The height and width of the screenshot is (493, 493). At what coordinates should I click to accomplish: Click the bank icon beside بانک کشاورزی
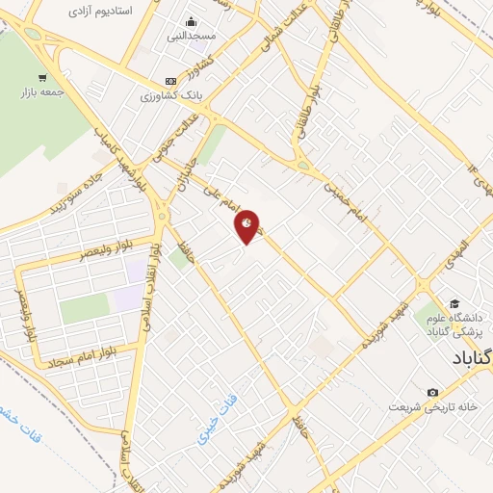point(170,81)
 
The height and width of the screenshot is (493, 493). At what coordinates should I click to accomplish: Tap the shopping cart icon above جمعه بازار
point(41,78)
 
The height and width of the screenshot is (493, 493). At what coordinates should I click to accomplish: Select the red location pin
point(247,225)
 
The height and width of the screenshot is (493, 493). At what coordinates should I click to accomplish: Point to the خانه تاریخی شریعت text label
point(433,406)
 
